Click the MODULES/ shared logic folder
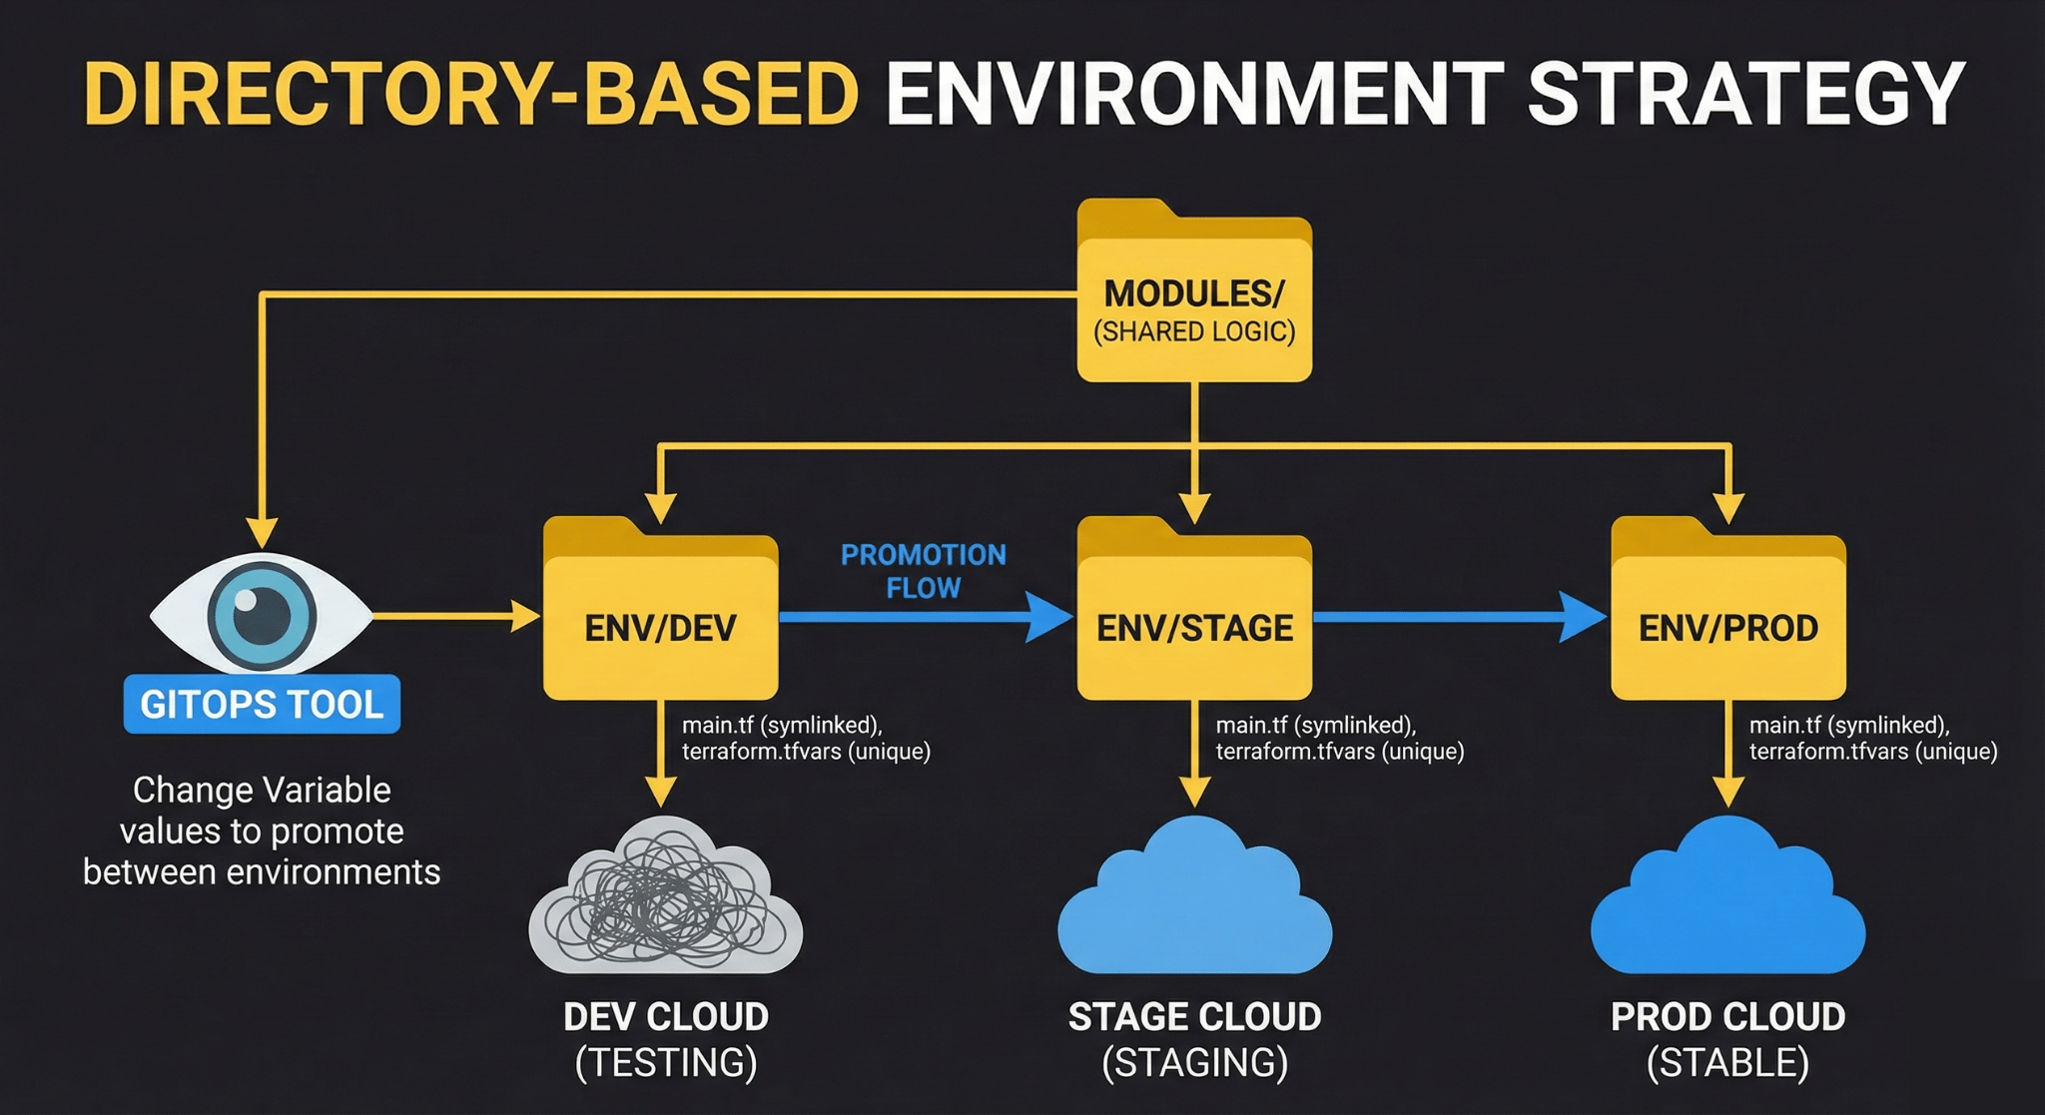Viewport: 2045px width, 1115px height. point(1194,299)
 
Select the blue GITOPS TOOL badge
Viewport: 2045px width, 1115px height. point(262,705)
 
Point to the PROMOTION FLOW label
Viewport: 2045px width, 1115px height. point(924,571)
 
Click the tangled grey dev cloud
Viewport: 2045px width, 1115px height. point(665,898)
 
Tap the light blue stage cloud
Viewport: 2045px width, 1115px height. point(1194,903)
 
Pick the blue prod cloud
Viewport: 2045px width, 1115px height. point(1728,903)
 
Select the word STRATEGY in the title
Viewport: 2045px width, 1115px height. point(1745,95)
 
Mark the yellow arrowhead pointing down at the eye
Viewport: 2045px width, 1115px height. point(262,533)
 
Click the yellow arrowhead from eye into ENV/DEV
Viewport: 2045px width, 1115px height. point(525,616)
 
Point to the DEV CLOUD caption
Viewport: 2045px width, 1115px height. point(666,1017)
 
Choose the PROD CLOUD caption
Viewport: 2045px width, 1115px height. point(1728,1017)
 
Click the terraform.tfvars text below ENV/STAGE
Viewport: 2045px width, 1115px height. point(1279,752)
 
